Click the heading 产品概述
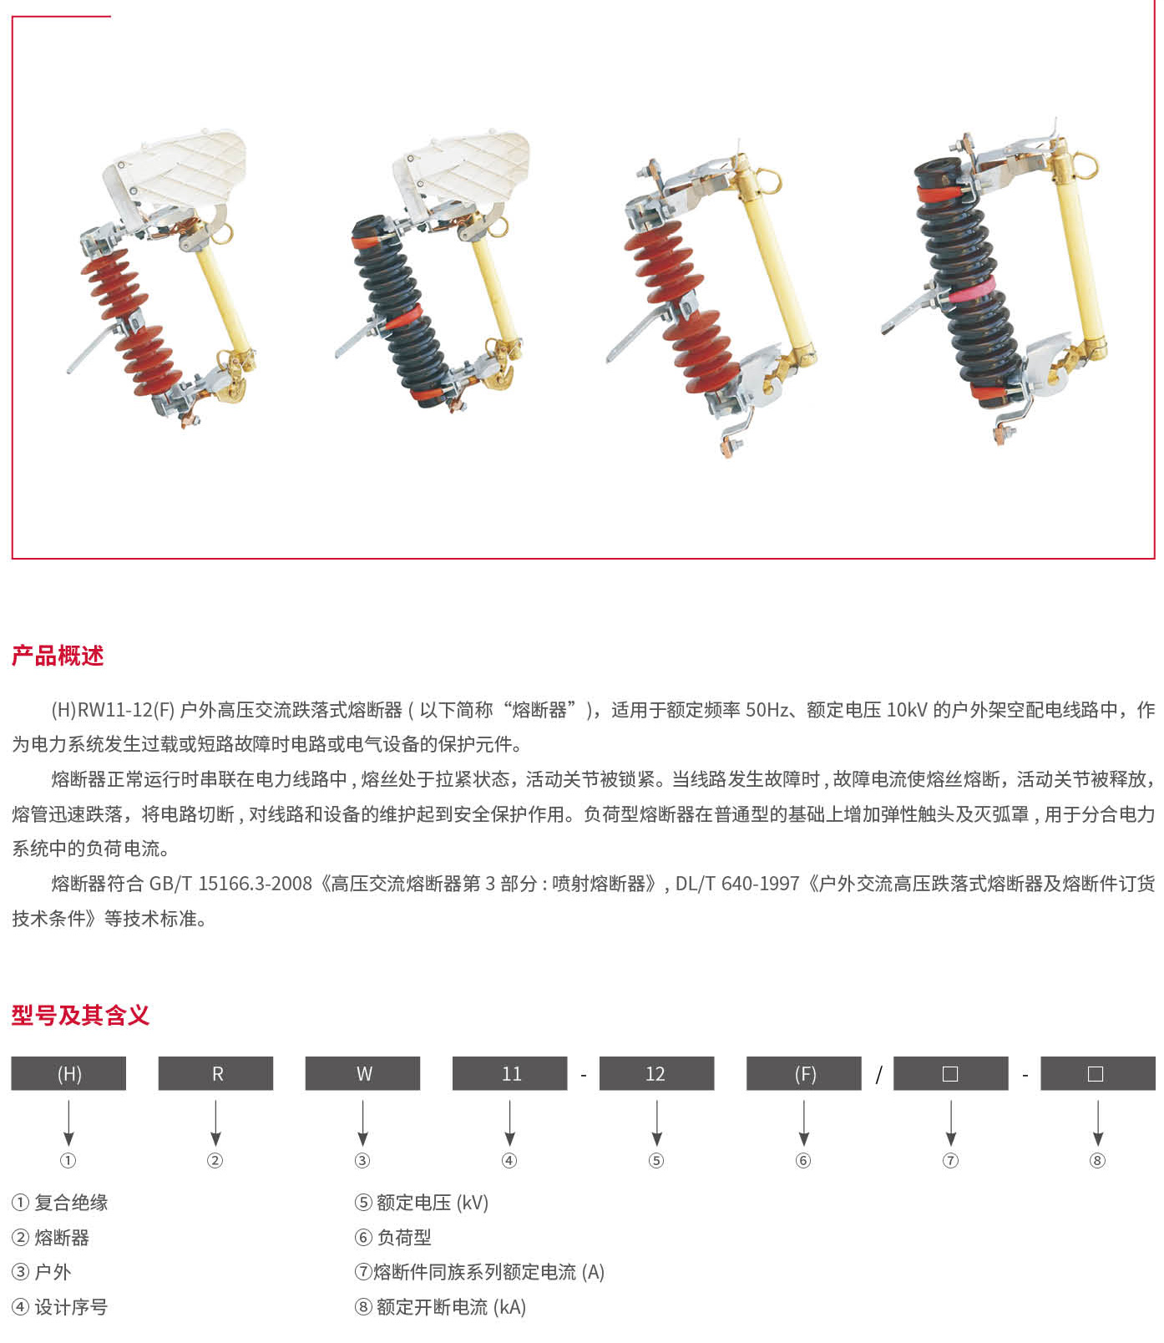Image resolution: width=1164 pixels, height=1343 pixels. pyautogui.click(x=58, y=656)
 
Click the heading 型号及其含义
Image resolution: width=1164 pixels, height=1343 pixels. pyautogui.click(x=80, y=1015)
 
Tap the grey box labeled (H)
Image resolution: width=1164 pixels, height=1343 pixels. pyautogui.click(x=68, y=1073)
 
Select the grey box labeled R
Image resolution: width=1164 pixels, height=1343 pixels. pyautogui.click(x=215, y=1073)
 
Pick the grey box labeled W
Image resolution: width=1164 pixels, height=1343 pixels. pyautogui.click(x=362, y=1073)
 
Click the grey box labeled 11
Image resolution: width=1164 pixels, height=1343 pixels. pyautogui.click(x=509, y=1073)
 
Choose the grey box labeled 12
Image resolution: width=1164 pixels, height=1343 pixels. pyautogui.click(x=656, y=1073)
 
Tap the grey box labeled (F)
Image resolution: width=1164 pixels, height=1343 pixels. pyautogui.click(x=803, y=1073)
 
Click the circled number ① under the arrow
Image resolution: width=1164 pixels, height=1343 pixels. pyautogui.click(x=68, y=1160)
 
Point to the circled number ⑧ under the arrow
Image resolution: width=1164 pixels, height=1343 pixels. pyautogui.click(x=1097, y=1160)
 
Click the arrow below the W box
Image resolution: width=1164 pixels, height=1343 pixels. pyautogui.click(x=362, y=1123)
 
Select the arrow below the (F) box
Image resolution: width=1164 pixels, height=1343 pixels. pyautogui.click(x=803, y=1123)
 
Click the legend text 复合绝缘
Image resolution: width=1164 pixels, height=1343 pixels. pyautogui.click(x=71, y=1203)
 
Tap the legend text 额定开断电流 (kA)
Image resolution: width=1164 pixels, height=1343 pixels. pyautogui.click(x=451, y=1307)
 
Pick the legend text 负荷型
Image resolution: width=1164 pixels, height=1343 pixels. pyautogui.click(x=404, y=1237)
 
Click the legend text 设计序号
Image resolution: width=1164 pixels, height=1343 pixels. pyautogui.click(x=71, y=1307)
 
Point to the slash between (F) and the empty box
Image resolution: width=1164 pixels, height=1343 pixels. pyautogui.click(x=878, y=1075)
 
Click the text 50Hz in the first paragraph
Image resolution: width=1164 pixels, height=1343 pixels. pyautogui.click(x=767, y=710)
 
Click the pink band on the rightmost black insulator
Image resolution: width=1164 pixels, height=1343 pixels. pyautogui.click(x=971, y=291)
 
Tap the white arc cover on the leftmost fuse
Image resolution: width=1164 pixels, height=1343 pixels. pyautogui.click(x=175, y=170)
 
